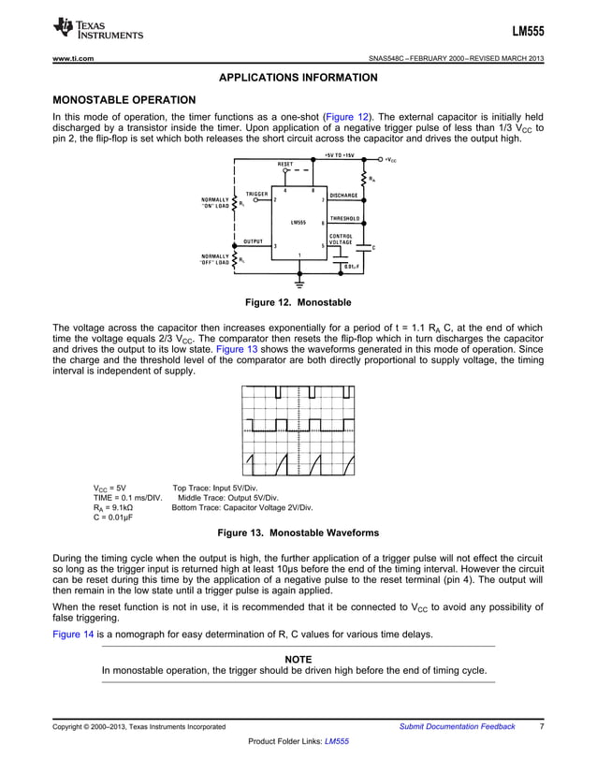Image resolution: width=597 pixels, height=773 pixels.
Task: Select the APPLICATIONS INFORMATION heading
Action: click(x=298, y=78)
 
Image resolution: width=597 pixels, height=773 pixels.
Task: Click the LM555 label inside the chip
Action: click(x=298, y=223)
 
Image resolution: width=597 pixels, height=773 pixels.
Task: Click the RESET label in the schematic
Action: click(x=286, y=164)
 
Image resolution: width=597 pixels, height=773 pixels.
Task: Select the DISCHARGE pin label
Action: click(x=344, y=195)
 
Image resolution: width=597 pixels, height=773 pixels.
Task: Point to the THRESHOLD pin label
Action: click(x=345, y=218)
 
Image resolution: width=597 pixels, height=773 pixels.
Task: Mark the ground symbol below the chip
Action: click(x=299, y=281)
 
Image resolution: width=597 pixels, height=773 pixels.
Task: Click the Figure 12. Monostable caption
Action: click(x=298, y=302)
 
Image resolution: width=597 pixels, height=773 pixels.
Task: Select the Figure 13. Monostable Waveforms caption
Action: click(x=298, y=532)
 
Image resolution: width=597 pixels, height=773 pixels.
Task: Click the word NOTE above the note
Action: click(x=298, y=660)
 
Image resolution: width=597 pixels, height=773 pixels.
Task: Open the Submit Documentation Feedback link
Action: click(x=457, y=726)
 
